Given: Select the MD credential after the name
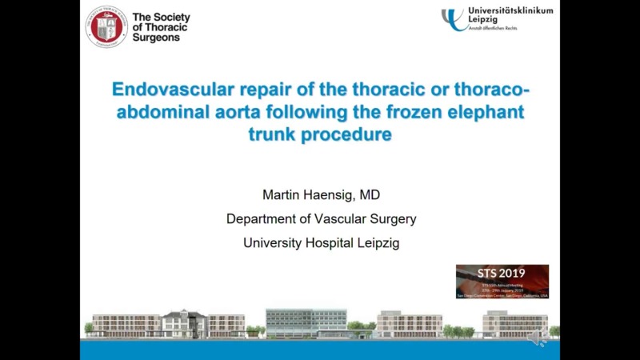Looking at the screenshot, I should (367, 194).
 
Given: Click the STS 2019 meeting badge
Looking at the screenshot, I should (502, 281).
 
